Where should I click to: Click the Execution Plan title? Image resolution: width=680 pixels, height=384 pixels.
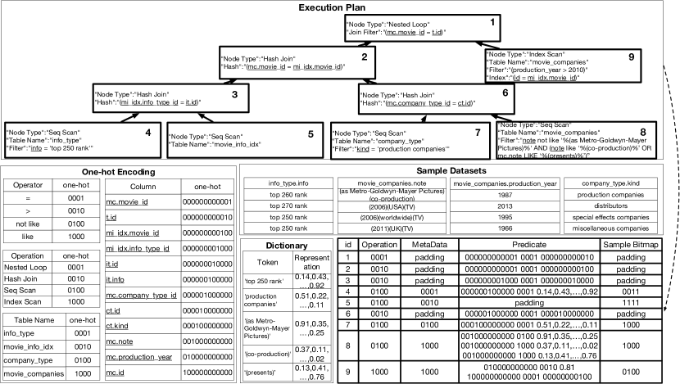click(339, 7)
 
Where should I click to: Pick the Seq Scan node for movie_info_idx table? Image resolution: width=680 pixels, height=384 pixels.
click(216, 138)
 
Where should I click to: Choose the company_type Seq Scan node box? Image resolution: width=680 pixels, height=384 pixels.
click(394, 138)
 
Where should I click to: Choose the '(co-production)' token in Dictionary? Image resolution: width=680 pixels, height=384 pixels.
click(267, 354)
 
